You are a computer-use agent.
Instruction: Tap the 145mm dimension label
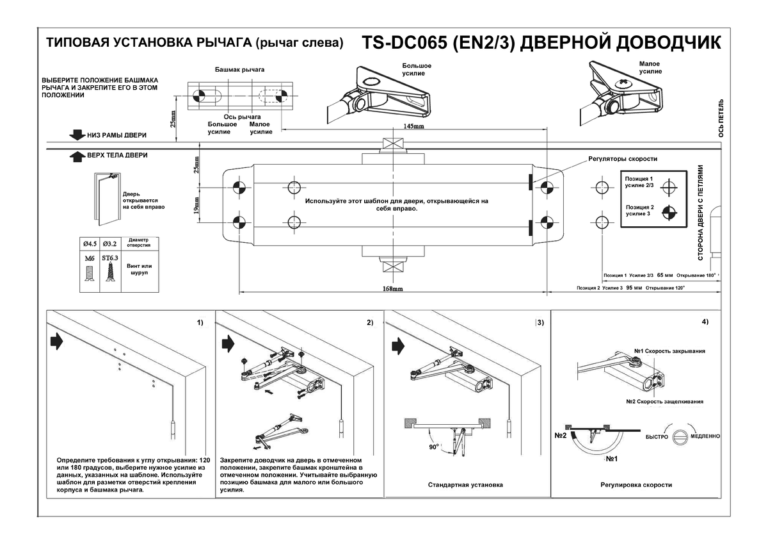click(x=413, y=126)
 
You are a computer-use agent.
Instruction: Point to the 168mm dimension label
click(x=393, y=289)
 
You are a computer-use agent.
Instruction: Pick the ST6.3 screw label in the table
click(x=110, y=258)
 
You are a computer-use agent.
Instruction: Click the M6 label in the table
click(x=88, y=258)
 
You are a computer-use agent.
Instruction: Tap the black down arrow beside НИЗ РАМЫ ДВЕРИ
click(x=78, y=135)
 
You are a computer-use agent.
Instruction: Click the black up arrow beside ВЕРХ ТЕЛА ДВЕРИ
click(x=78, y=156)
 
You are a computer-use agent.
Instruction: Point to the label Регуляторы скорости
click(x=623, y=159)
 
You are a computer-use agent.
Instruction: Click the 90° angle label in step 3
click(x=435, y=447)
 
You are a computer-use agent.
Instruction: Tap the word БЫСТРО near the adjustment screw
click(x=656, y=436)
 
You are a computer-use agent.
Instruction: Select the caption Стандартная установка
click(x=465, y=485)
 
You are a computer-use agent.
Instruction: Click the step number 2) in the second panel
click(x=369, y=322)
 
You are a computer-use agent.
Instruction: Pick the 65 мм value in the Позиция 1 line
click(x=665, y=276)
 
